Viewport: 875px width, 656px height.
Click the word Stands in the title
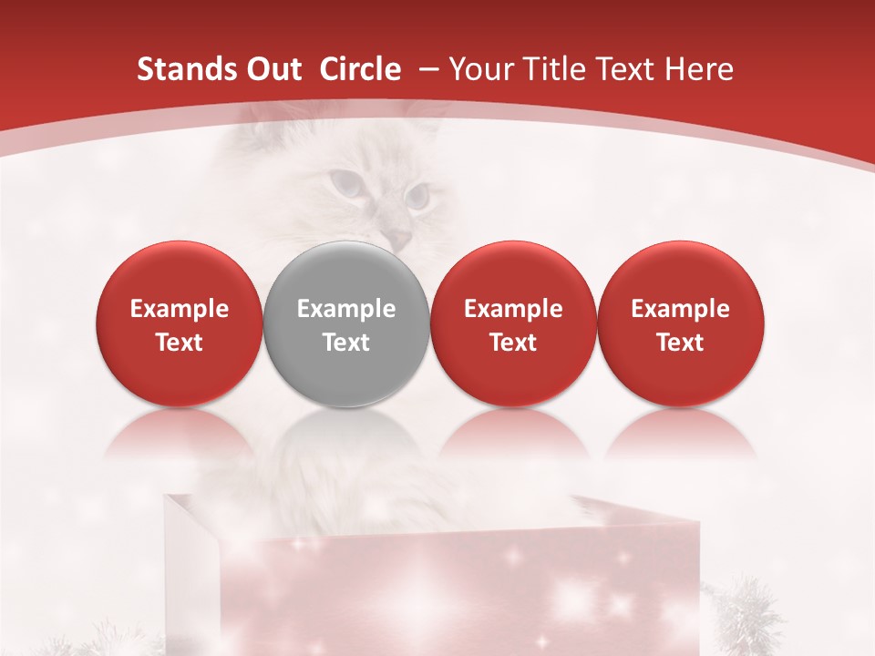[187, 69]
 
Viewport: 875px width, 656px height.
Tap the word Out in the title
[273, 69]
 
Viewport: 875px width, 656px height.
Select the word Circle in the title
[360, 69]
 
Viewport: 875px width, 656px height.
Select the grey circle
[346, 323]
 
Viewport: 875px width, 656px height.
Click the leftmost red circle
[179, 323]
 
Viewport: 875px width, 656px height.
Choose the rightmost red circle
[681, 323]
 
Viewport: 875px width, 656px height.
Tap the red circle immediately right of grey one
[513, 323]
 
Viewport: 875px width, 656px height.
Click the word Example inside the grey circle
[346, 309]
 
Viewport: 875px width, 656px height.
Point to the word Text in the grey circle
[346, 343]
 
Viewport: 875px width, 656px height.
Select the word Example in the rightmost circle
[681, 309]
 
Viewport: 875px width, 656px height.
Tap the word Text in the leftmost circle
[179, 343]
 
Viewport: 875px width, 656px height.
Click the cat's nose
[398, 239]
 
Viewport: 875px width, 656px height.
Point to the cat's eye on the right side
[418, 194]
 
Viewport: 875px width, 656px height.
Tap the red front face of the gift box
[456, 592]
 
